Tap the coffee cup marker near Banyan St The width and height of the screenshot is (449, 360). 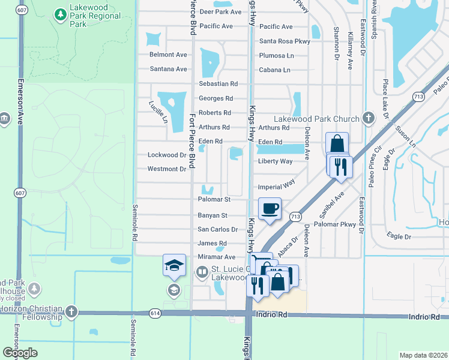click(270, 208)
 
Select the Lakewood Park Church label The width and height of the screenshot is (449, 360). click(316, 119)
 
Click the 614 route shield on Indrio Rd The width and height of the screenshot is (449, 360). click(155, 313)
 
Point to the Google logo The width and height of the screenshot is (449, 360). click(19, 353)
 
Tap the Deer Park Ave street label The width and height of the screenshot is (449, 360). click(220, 12)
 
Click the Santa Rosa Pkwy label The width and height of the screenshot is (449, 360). click(285, 41)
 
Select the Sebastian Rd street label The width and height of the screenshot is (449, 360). click(218, 84)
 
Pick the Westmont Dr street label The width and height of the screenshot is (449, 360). click(167, 169)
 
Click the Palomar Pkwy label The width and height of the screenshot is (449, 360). click(335, 224)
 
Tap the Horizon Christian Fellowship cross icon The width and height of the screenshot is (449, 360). click(71, 311)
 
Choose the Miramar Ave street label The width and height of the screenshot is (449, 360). click(217, 257)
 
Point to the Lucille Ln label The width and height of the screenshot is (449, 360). click(158, 112)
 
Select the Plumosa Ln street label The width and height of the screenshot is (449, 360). click(277, 55)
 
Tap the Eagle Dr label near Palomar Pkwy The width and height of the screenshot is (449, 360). click(399, 236)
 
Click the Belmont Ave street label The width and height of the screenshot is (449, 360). click(168, 55)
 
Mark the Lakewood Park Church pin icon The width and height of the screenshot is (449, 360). click(367, 119)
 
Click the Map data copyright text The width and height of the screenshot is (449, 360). click(424, 355)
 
